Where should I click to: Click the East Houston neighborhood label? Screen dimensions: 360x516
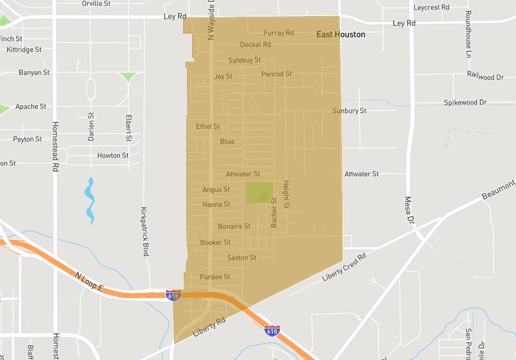click(341, 35)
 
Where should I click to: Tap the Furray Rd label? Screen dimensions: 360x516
click(279, 33)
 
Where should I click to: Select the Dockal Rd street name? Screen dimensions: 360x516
click(255, 45)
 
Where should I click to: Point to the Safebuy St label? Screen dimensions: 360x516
click(244, 60)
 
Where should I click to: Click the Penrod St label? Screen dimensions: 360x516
click(277, 74)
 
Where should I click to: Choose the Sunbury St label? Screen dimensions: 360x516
click(349, 111)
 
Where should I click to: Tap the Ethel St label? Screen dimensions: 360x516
click(208, 126)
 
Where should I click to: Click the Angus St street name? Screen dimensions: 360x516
click(216, 190)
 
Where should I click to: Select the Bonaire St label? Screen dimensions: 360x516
click(234, 226)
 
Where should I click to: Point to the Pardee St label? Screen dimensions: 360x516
click(215, 277)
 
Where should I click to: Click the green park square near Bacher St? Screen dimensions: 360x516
click(259, 192)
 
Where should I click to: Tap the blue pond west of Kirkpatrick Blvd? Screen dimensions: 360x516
click(90, 200)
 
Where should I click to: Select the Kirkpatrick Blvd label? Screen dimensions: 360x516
click(146, 232)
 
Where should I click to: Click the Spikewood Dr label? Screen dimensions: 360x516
click(465, 103)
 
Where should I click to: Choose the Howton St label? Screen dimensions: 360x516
click(113, 155)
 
